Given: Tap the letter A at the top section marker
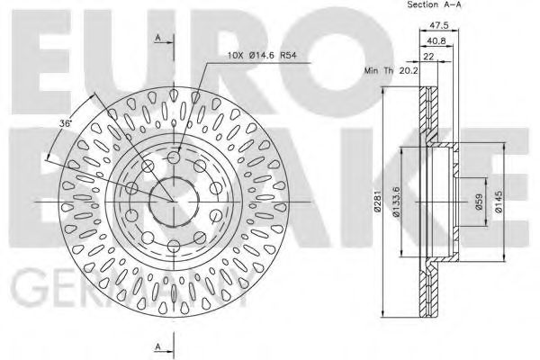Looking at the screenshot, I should coord(158,37).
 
